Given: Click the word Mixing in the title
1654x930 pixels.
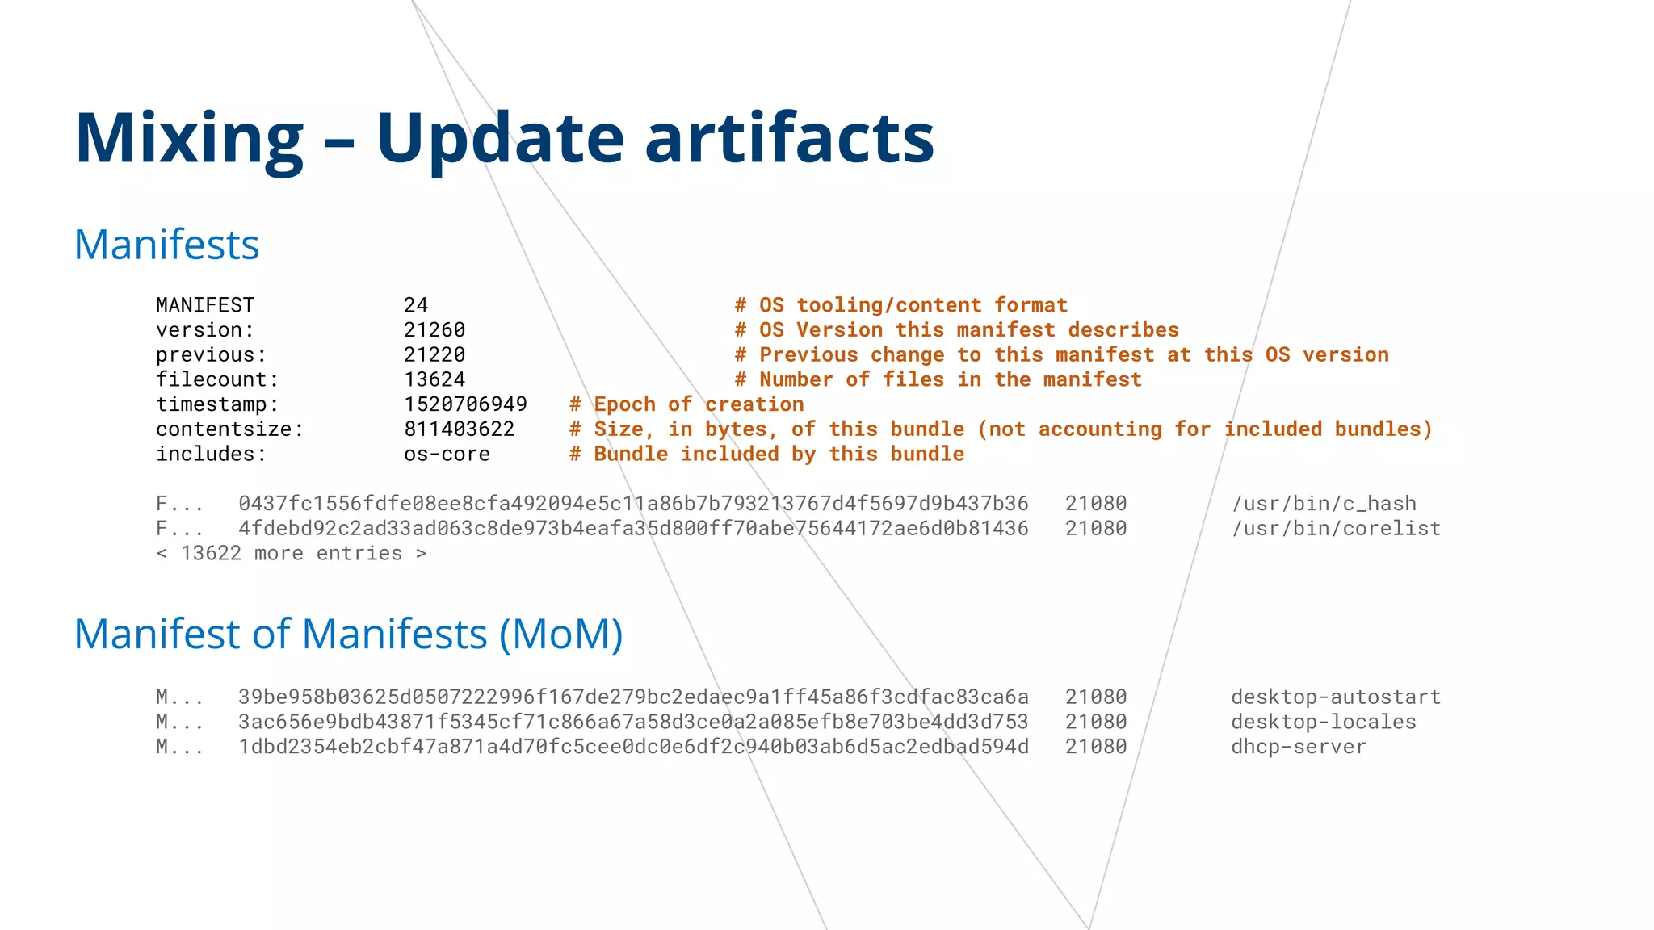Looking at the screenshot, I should tap(189, 139).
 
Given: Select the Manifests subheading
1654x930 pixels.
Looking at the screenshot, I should tap(166, 245).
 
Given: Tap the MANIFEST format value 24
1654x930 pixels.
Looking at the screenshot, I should tap(416, 305).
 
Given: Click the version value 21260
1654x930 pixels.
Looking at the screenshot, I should tap(434, 330).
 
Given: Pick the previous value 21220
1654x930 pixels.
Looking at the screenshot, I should tap(434, 355).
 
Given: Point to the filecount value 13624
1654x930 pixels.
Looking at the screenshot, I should tap(434, 379).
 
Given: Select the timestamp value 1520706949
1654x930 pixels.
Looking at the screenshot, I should tap(465, 404).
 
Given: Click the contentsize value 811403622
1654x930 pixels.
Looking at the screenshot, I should tap(459, 429).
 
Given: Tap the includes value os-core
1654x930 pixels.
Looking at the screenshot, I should tap(447, 455).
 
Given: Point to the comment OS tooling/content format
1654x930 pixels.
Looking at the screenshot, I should tap(901, 305).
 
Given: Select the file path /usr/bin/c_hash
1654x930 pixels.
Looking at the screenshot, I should tap(1324, 504).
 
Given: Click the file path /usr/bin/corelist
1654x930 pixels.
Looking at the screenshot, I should tap(1336, 529).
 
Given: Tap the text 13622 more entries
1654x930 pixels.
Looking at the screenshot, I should tap(291, 554).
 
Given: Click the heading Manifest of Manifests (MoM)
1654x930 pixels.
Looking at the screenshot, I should tap(348, 635).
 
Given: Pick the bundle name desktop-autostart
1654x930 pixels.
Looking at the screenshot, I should tap(1336, 697).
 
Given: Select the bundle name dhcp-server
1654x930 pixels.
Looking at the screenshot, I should tap(1298, 747).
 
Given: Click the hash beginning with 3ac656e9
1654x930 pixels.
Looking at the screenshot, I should tap(633, 722).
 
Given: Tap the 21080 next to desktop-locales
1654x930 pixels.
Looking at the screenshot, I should tap(1096, 722).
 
